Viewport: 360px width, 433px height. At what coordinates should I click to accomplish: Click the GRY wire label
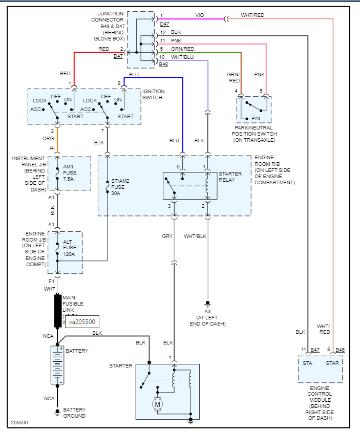[167, 236]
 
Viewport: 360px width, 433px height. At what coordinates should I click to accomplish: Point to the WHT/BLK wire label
[195, 236]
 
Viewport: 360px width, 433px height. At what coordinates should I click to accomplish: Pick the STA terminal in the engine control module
[307, 363]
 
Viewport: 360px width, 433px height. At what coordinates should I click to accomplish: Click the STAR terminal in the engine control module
[332, 363]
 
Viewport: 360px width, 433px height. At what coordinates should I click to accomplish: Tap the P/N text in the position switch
[255, 119]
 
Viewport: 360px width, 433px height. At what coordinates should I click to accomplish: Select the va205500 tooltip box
[81, 322]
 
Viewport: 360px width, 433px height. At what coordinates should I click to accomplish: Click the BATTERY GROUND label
[74, 413]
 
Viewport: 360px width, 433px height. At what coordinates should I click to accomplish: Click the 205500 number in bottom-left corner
[19, 423]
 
